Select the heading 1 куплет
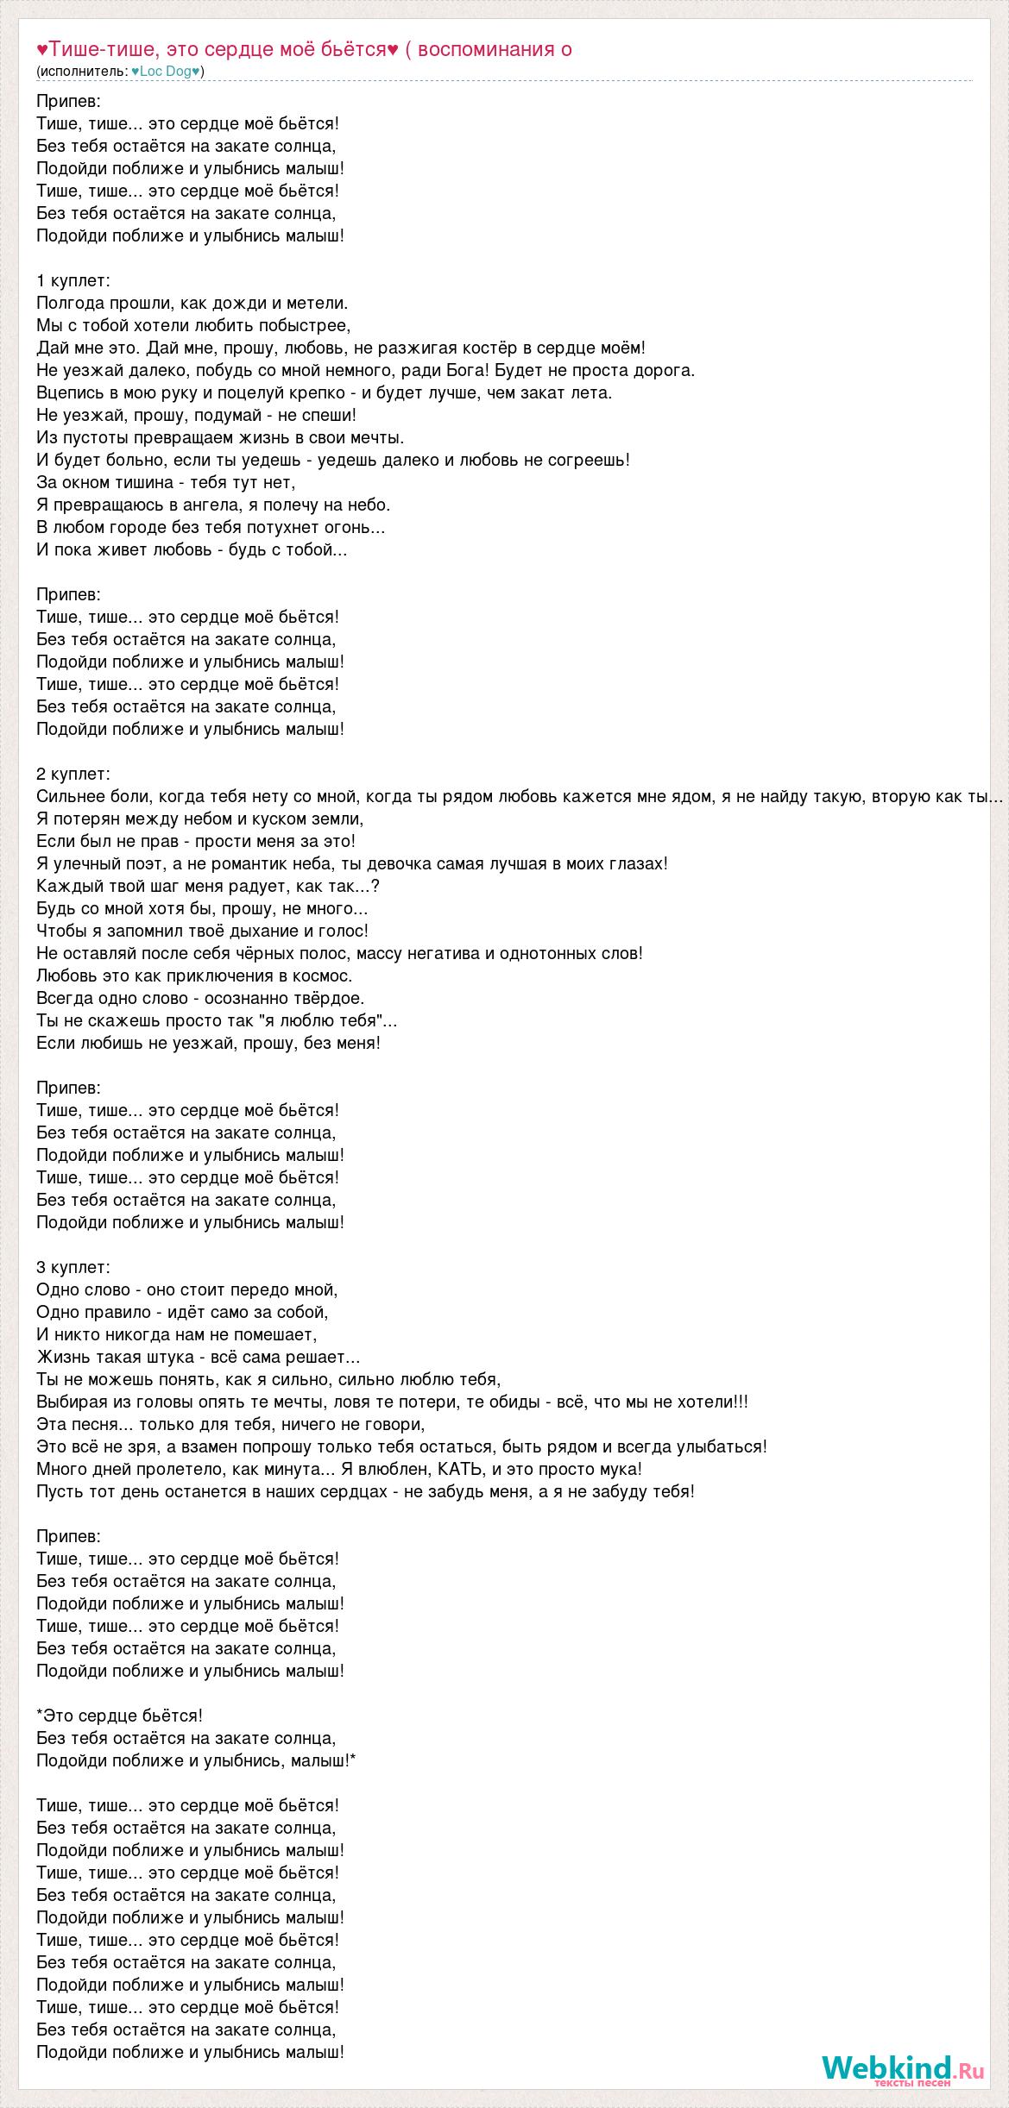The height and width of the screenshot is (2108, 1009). point(73,280)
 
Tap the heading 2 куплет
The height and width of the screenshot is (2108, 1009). point(73,774)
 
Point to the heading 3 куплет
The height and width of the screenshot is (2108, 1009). point(73,1267)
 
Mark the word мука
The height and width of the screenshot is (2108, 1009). point(619,1469)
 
